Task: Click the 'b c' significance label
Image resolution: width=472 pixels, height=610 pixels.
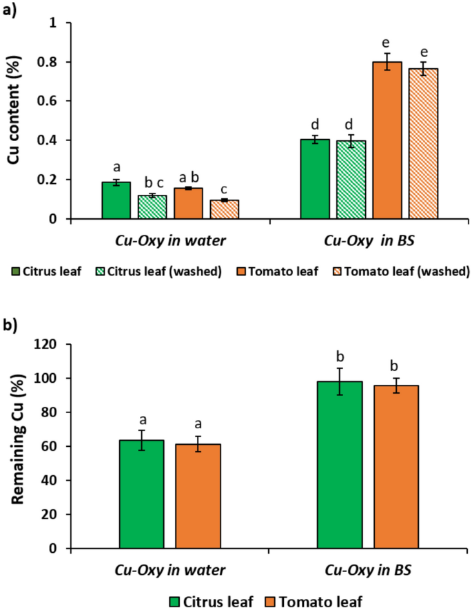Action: tap(152, 182)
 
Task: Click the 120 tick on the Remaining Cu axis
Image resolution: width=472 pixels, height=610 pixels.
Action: tap(50, 344)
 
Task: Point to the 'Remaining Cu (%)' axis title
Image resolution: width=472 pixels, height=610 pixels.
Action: tap(14, 446)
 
